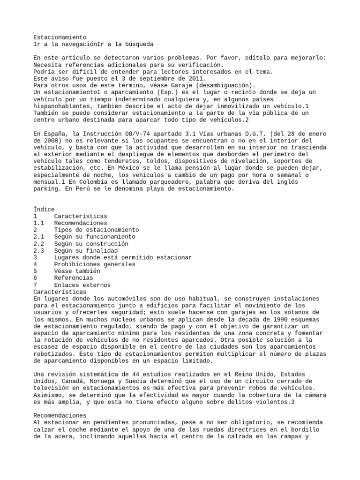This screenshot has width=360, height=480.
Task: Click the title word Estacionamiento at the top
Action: [60, 37]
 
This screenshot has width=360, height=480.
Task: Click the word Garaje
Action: [165, 85]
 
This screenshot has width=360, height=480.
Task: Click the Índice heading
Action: [44, 210]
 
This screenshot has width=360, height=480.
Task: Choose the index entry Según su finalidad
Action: [86, 251]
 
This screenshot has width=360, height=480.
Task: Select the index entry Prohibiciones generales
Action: [95, 264]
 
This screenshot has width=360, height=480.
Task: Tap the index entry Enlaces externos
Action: [82, 285]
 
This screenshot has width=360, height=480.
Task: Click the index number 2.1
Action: [39, 237]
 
